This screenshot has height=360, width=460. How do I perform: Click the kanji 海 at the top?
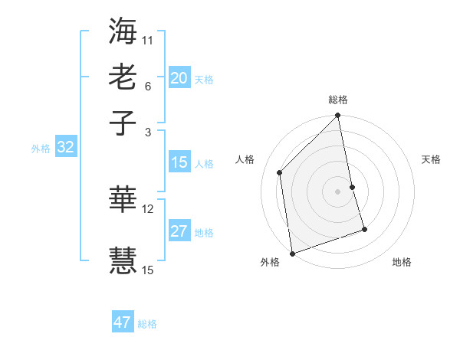tap(123, 31)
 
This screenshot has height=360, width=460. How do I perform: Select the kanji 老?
tap(123, 77)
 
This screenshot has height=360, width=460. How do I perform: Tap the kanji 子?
tap(123, 123)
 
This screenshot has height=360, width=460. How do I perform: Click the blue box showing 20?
tap(179, 78)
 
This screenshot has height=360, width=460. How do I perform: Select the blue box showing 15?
tap(179, 162)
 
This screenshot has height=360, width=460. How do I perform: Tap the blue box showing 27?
tap(179, 231)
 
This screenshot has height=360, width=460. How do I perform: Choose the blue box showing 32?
tap(66, 148)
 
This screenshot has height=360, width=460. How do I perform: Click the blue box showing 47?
tap(123, 322)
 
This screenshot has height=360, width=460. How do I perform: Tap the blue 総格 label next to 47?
tap(147, 324)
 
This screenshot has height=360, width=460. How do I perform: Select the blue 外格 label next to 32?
tap(41, 149)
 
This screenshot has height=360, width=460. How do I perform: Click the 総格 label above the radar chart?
tap(338, 100)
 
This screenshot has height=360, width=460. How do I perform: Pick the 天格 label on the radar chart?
tap(431, 159)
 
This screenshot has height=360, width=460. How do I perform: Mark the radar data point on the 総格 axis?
tap(338, 116)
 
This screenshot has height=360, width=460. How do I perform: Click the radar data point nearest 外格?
tap(292, 254)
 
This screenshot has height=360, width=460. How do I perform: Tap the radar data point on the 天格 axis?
tap(353, 187)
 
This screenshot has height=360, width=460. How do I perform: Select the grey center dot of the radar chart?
tap(338, 191)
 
